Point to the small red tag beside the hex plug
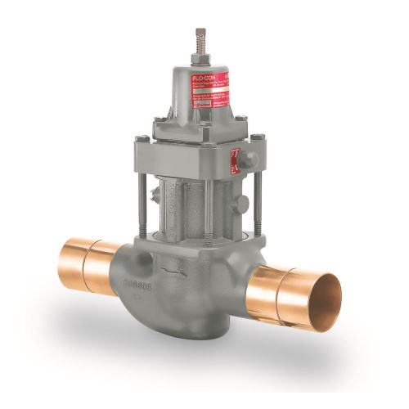[236, 160]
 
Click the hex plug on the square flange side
[248, 160]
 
